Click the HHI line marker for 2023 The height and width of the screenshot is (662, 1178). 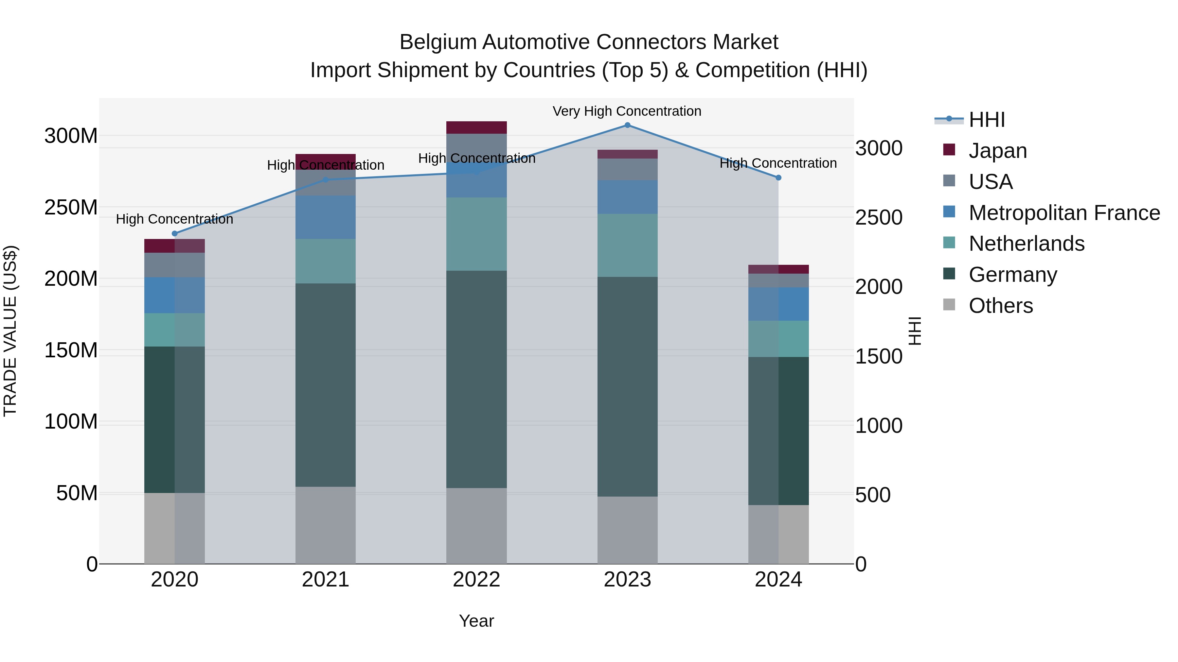click(x=627, y=125)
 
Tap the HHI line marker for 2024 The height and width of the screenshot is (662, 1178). click(x=778, y=178)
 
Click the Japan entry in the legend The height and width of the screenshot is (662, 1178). click(x=997, y=150)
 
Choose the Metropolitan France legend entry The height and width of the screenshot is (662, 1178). click(x=1064, y=213)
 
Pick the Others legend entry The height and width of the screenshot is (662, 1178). click(x=1001, y=306)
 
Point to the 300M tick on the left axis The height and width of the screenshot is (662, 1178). click(x=71, y=136)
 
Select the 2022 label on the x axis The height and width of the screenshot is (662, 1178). click(x=476, y=580)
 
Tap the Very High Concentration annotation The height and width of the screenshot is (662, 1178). click(x=627, y=111)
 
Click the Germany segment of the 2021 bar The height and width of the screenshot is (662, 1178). click(x=326, y=385)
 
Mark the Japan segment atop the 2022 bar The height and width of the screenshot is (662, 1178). click(x=476, y=127)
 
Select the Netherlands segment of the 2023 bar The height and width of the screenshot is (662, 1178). click(x=627, y=245)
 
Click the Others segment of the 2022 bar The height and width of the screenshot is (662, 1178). click(x=476, y=526)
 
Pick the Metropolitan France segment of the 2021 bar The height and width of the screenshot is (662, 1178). click(x=326, y=217)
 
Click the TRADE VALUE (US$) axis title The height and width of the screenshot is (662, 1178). click(x=10, y=331)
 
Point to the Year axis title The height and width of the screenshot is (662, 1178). click(x=476, y=621)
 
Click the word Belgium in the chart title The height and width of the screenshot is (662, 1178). click(x=437, y=42)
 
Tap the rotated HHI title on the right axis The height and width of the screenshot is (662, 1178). click(x=915, y=331)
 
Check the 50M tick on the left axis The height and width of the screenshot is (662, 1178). click(x=77, y=493)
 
